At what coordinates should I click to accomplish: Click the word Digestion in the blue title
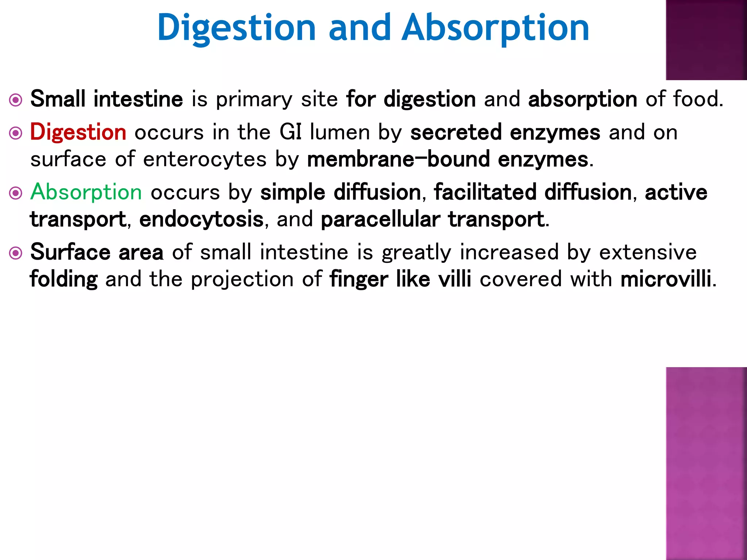click(236, 28)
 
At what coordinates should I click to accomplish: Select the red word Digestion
click(78, 132)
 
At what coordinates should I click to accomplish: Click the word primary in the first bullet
click(254, 99)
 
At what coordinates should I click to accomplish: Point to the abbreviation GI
click(290, 132)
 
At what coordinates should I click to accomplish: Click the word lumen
click(340, 132)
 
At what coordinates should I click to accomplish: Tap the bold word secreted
click(456, 132)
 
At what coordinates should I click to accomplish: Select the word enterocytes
click(205, 159)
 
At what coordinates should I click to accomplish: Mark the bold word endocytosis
click(201, 219)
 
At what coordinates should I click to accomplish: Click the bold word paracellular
click(380, 219)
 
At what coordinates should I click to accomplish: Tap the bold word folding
click(63, 279)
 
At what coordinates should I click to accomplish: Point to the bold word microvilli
click(666, 279)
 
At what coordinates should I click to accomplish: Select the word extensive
click(648, 252)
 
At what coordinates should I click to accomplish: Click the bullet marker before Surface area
click(16, 253)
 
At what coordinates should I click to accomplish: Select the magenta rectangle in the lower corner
click(706, 463)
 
